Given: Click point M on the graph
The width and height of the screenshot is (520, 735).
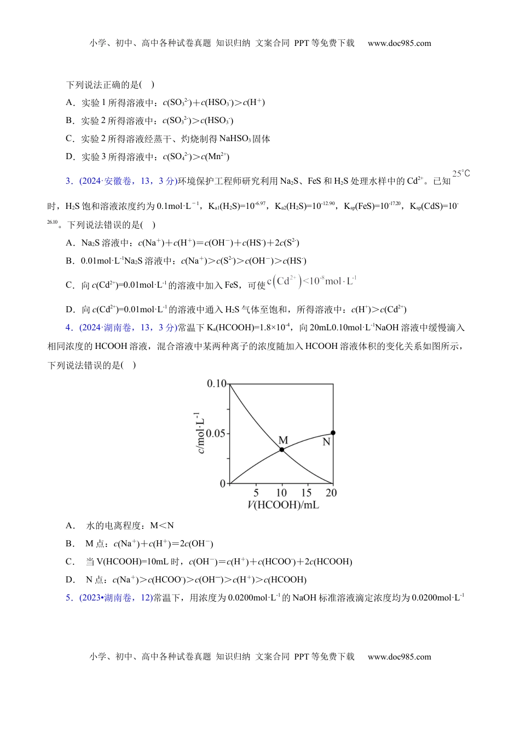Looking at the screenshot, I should coord(282,450).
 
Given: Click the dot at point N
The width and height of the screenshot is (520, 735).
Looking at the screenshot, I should coord(333,433).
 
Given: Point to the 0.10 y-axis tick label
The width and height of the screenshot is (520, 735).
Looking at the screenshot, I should coord(216,383).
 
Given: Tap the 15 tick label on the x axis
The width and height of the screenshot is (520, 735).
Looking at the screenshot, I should coord(307,492).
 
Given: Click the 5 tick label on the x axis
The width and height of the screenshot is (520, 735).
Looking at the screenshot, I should coord(256,492).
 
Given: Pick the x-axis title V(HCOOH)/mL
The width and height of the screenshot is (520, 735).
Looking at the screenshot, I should coord(283,505).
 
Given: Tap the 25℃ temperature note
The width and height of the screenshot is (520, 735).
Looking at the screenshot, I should coord(461,174).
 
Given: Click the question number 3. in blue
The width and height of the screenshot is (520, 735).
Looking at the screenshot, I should coord(70,181).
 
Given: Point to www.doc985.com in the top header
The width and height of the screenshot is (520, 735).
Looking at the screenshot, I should coord(399,43).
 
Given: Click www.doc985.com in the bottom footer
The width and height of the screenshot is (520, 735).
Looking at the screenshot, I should coord(399,657).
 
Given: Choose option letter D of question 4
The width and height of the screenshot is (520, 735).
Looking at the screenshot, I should coord(70,580).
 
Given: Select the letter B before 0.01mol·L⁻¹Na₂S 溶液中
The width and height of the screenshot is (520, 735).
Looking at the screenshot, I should coord(70,261).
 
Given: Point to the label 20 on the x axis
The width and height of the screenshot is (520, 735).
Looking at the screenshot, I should coord(331,492).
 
